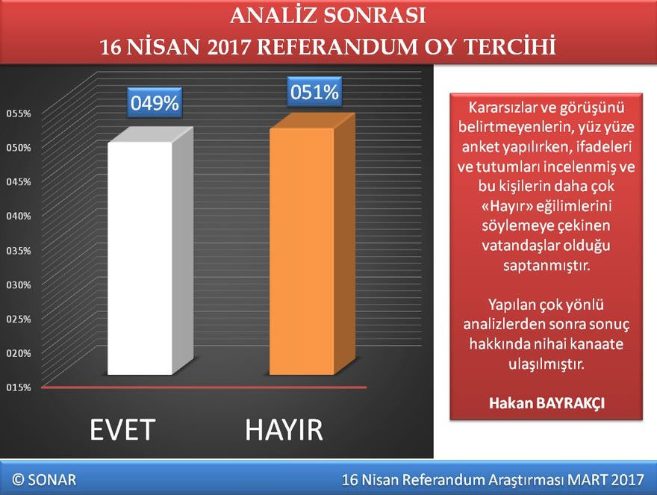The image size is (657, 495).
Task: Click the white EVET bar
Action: tap(140, 258)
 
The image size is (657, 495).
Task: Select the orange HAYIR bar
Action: tap(302, 251)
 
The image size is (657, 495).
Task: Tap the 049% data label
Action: tap(155, 103)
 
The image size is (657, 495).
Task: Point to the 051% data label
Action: tap(314, 93)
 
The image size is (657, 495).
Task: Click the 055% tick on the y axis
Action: tap(18, 113)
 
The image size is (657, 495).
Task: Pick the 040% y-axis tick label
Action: tap(18, 216)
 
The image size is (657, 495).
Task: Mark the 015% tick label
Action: tap(18, 387)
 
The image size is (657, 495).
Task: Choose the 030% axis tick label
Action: tap(18, 284)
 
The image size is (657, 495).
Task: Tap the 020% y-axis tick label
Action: tap(18, 352)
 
